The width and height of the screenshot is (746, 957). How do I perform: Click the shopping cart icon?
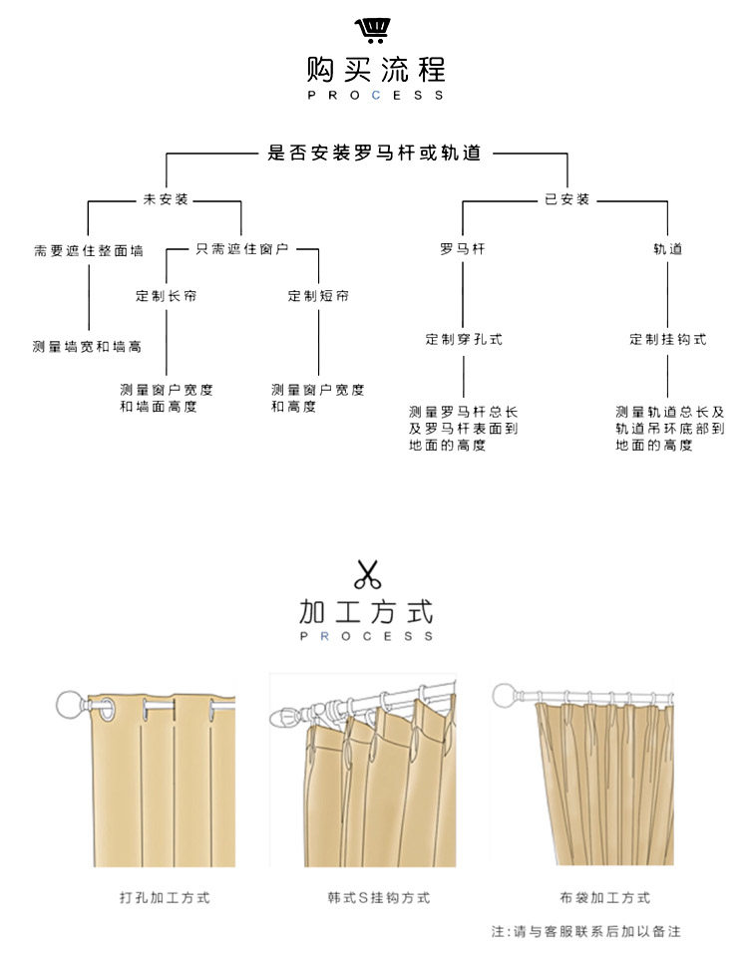click(373, 30)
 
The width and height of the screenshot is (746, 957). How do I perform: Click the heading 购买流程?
click(375, 70)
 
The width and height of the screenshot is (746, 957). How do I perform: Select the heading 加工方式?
click(367, 610)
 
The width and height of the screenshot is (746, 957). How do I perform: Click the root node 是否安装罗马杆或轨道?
click(375, 154)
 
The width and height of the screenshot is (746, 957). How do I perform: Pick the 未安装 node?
click(166, 199)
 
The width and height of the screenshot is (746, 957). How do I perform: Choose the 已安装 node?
click(566, 199)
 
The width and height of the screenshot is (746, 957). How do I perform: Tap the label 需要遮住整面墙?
click(88, 251)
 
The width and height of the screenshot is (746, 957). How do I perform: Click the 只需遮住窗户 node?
click(241, 247)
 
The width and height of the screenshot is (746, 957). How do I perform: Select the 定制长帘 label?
click(166, 296)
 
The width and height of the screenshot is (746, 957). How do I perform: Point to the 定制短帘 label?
click(318, 296)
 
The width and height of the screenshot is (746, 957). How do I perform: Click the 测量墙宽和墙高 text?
click(87, 347)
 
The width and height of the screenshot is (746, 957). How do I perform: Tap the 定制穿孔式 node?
click(464, 339)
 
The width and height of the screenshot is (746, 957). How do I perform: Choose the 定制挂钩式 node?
click(667, 339)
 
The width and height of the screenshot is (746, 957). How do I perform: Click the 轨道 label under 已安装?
click(667, 248)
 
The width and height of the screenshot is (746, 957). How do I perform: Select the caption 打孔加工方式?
click(165, 898)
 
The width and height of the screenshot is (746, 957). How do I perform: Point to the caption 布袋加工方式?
click(604, 898)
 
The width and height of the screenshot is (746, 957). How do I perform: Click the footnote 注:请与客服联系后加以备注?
click(585, 931)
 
